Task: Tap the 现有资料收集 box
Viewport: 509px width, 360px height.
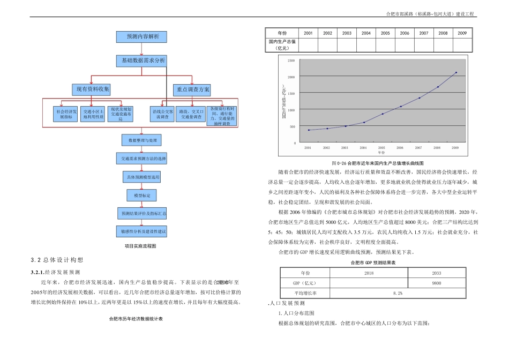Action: [x=91, y=88]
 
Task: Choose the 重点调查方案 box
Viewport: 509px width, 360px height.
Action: [x=191, y=88]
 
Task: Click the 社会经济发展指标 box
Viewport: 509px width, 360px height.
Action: [x=66, y=114]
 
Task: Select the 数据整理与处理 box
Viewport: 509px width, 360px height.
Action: [x=141, y=140]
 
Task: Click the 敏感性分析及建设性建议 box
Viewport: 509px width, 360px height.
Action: [x=141, y=231]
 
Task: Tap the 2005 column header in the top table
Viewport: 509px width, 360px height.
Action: [x=385, y=33]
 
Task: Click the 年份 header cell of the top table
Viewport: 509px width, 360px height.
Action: [x=282, y=33]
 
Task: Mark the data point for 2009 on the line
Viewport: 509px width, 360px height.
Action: [x=456, y=72]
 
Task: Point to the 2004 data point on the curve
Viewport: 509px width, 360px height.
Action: [x=364, y=122]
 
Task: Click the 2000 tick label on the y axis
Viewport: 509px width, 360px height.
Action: [x=291, y=77]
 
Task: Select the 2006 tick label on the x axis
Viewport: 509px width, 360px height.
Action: [x=400, y=147]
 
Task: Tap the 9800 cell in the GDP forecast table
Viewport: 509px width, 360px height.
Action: [x=437, y=282]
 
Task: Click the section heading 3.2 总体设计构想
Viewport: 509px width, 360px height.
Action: [x=57, y=260]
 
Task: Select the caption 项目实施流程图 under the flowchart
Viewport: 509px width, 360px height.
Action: [x=140, y=246]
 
